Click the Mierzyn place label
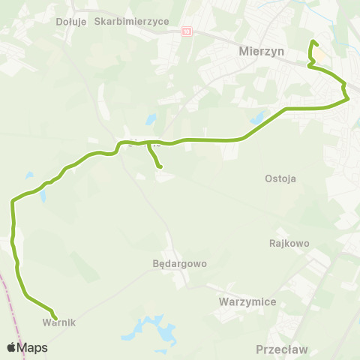258,53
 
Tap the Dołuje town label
72,22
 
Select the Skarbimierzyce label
132,22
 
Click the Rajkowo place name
289,243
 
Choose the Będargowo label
179,264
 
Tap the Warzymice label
248,301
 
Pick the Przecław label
282,349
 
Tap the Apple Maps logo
27,348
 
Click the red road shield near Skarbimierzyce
187,31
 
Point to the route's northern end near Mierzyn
313,41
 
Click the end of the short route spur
160,167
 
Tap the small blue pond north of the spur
151,119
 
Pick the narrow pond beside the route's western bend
43,196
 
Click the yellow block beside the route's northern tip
319,56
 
